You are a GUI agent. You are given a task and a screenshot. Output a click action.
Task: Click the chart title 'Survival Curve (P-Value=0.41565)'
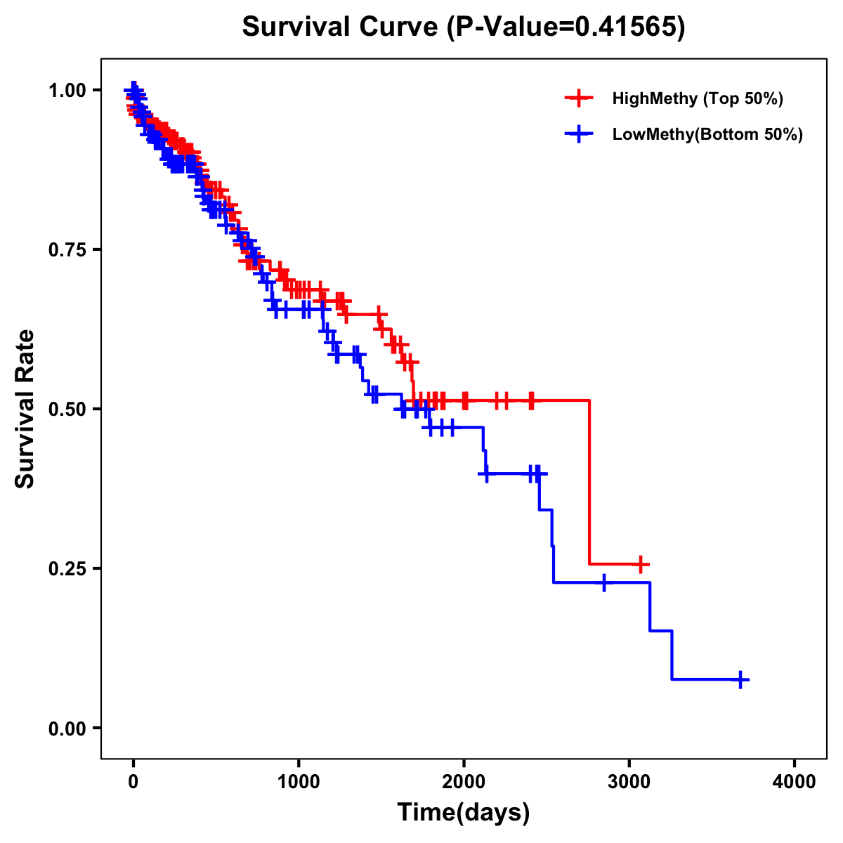463,27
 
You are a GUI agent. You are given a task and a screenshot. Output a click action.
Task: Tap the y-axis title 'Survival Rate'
25,408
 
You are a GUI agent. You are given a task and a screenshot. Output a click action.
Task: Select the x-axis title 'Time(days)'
464,813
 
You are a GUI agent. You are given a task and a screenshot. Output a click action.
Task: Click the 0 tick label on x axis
133,782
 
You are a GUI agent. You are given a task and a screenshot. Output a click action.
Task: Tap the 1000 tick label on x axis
299,782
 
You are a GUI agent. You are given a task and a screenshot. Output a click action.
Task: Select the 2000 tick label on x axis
464,782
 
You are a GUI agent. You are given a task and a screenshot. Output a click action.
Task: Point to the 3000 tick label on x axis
629,782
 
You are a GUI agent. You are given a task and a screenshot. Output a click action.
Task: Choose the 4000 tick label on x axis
795,782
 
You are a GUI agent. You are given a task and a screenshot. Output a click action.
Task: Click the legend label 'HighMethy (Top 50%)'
698,98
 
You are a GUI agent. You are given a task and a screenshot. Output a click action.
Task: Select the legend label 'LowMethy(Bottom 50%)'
707,135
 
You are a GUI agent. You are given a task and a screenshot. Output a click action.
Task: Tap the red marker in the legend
579,98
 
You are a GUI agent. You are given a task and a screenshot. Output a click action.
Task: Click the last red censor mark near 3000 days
640,564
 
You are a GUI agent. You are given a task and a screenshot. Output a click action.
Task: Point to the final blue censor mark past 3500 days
740,679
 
